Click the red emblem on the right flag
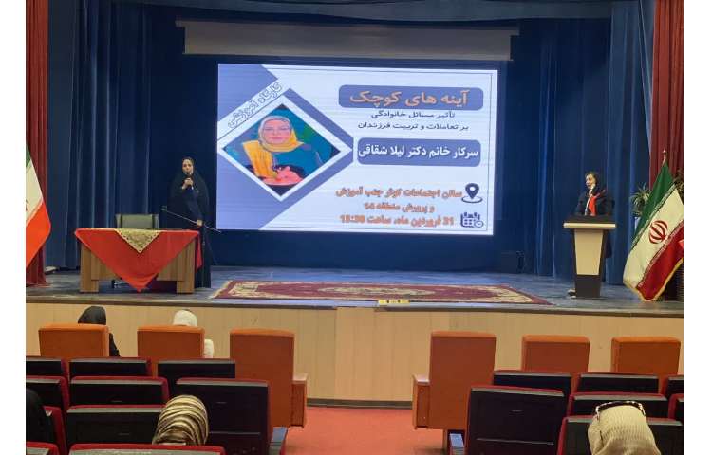658,231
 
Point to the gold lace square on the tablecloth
140,238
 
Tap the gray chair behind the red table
137,221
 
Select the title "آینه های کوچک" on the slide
410,98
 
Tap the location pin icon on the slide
472,192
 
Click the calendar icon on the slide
471,219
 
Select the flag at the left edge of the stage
35,213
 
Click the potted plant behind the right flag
641,198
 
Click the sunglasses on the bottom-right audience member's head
620,408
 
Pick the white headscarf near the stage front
186,319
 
